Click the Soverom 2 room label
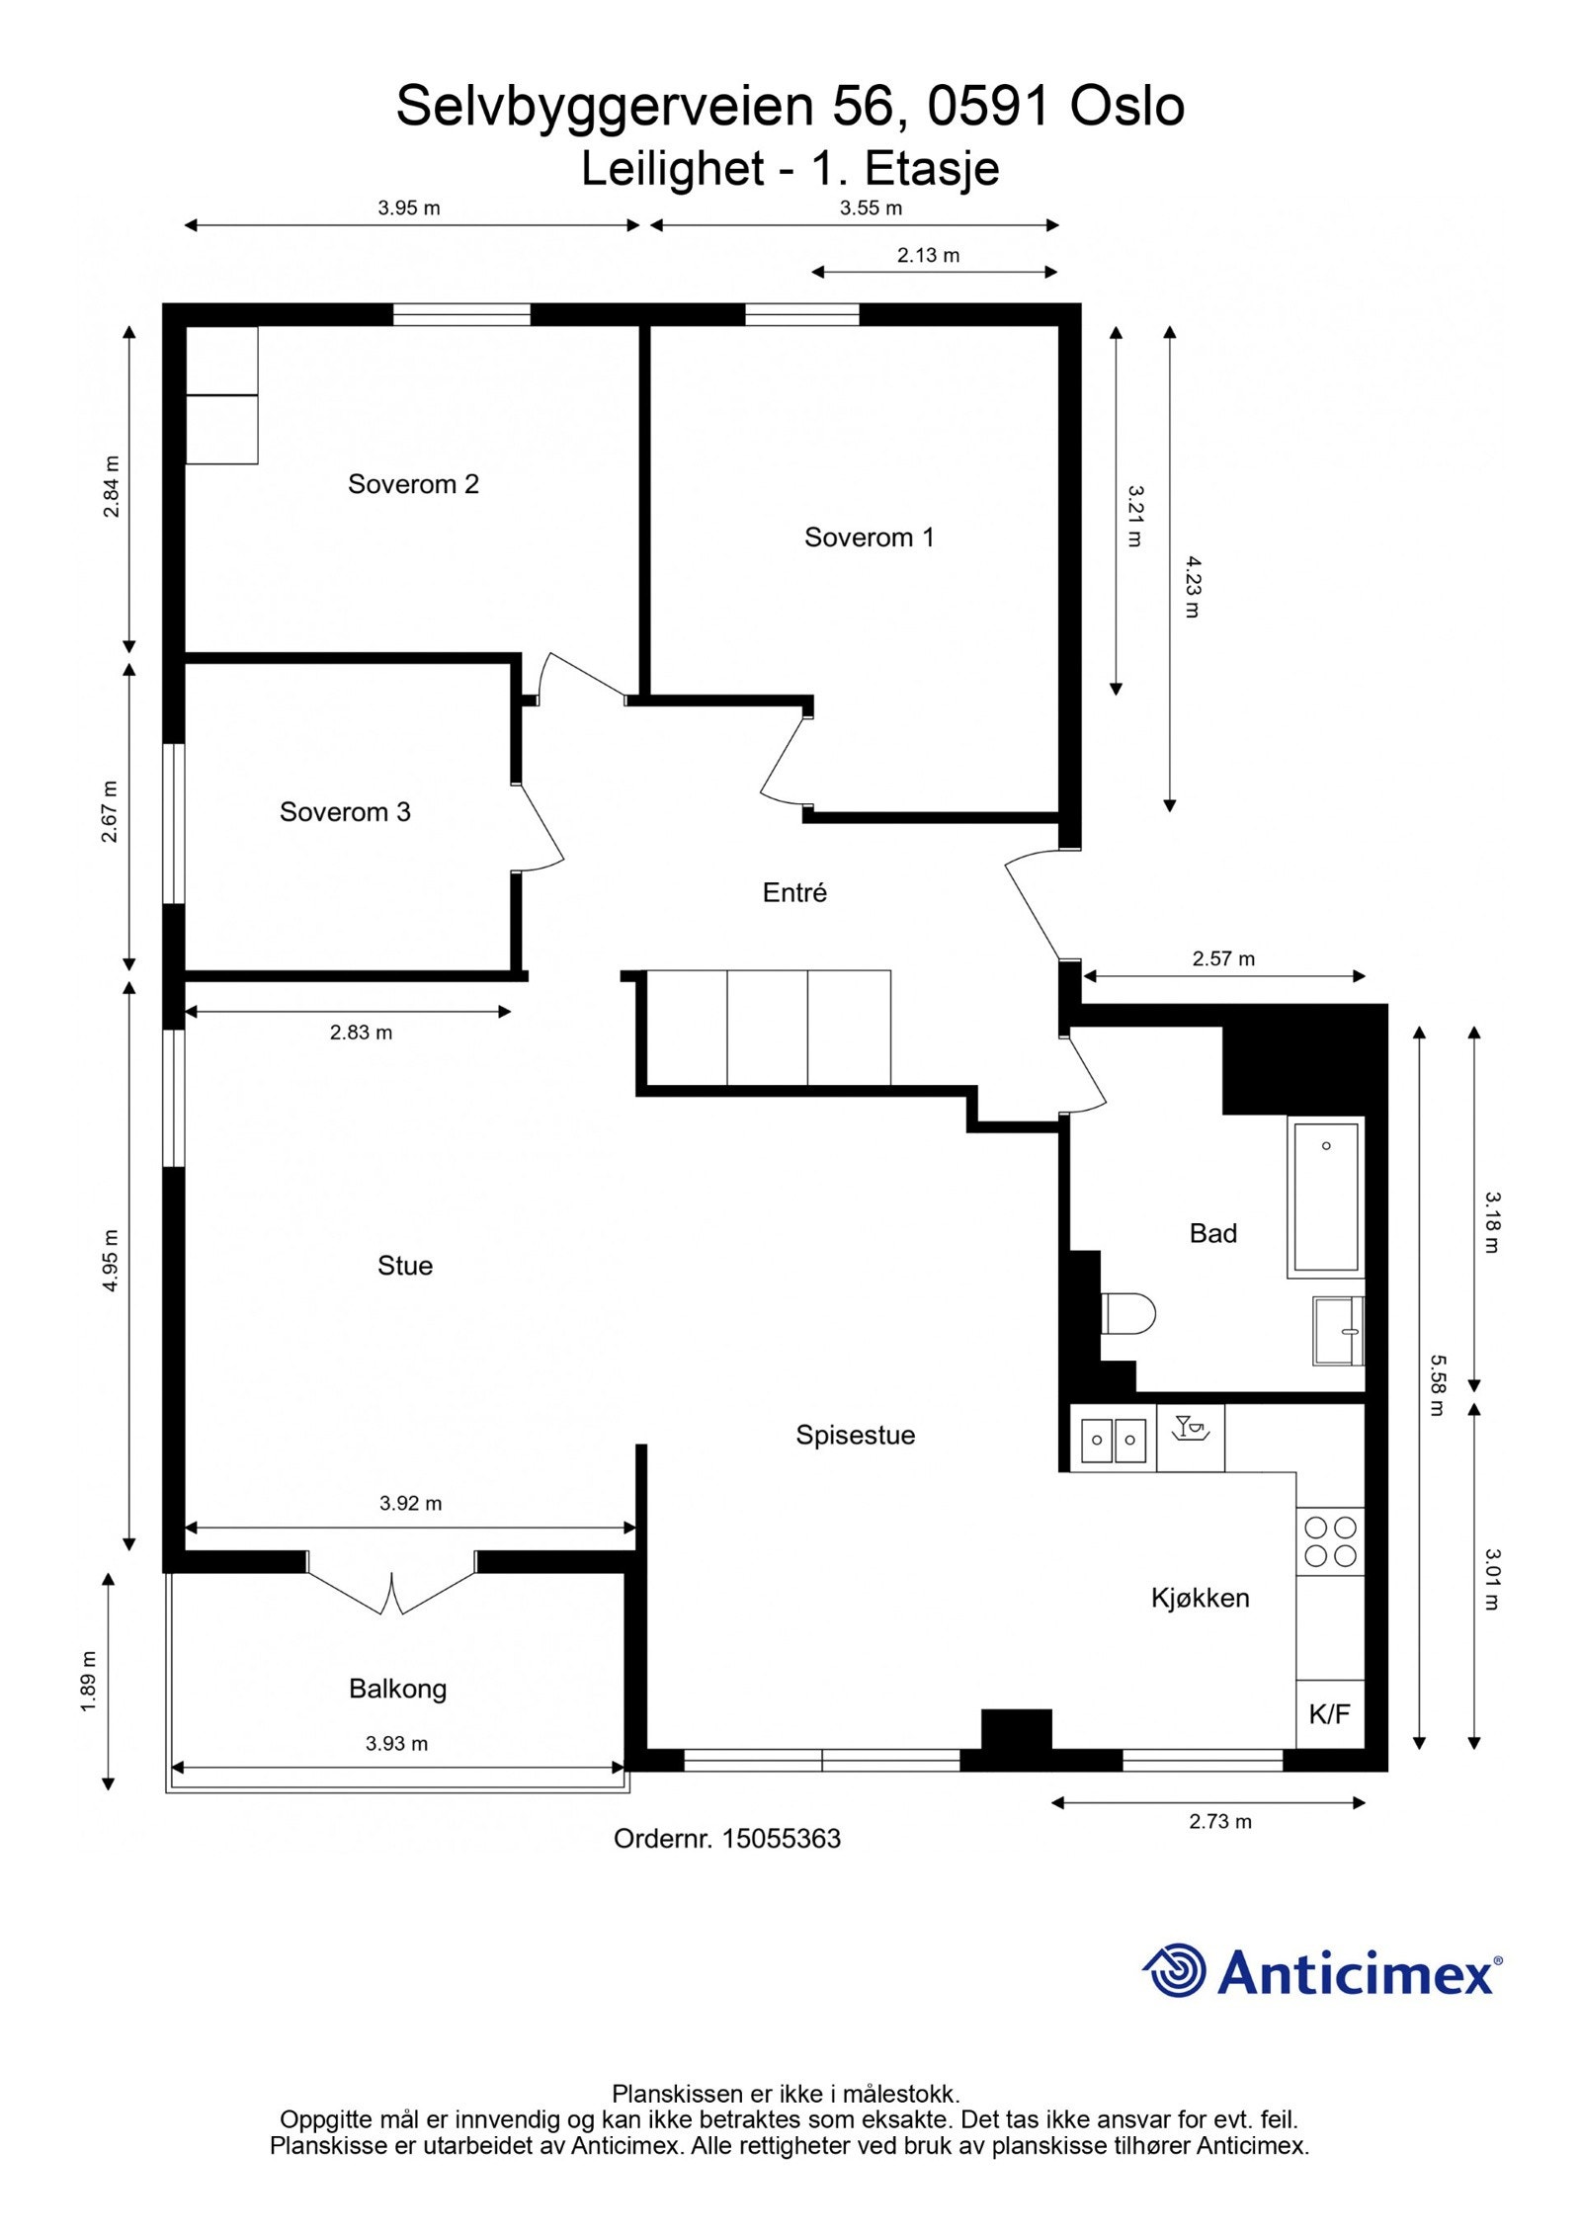pyautogui.click(x=413, y=484)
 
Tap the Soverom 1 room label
pyautogui.click(x=869, y=538)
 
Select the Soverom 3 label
pyautogui.click(x=345, y=812)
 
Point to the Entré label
pyautogui.click(x=794, y=892)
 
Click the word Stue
pyautogui.click(x=405, y=1266)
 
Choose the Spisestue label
pyautogui.click(x=856, y=1435)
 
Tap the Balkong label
pyautogui.click(x=397, y=1689)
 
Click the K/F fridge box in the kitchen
pyautogui.click(x=1330, y=1713)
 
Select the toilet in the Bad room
pyautogui.click(x=1128, y=1313)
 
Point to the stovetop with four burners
pyautogui.click(x=1331, y=1541)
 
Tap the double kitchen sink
pyautogui.click(x=1114, y=1440)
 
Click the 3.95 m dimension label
pyautogui.click(x=409, y=207)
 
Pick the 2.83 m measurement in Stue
pyautogui.click(x=361, y=1033)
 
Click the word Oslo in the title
pyautogui.click(x=1127, y=107)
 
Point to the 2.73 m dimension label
pyautogui.click(x=1220, y=1821)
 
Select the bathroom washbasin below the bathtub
pyautogui.click(x=1339, y=1331)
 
